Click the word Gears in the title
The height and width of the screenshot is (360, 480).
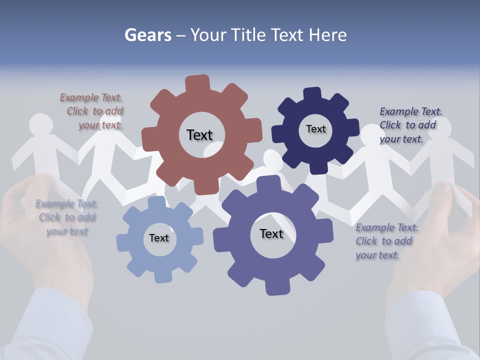147,35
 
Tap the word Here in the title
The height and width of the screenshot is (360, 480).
327,35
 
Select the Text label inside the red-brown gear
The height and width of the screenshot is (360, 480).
199,135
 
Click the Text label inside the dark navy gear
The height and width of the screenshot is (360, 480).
315,129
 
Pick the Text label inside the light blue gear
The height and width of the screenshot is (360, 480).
159,238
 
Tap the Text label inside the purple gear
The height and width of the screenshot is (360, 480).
271,233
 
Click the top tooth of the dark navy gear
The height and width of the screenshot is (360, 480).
312,93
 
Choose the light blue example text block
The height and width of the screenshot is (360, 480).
67,217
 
